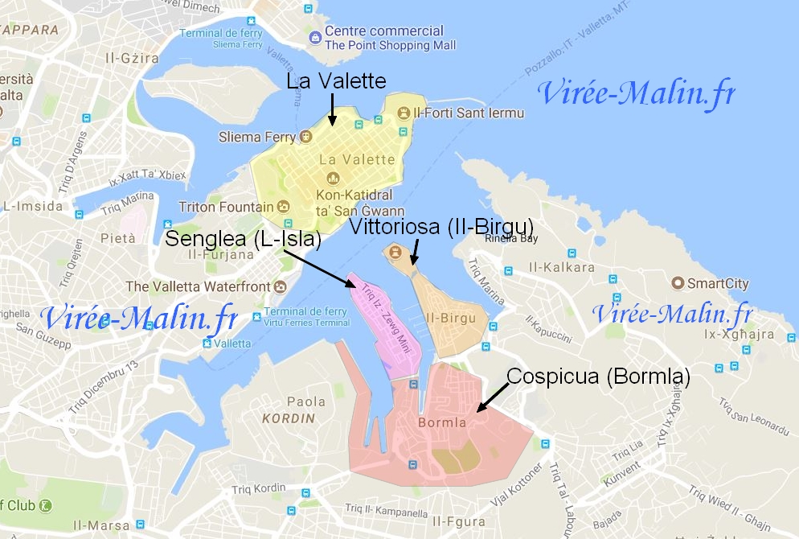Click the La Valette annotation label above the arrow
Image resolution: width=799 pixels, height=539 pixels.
[337, 82]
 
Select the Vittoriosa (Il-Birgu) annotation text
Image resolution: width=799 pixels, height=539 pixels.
[441, 226]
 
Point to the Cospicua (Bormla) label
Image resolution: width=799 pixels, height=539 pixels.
[598, 376]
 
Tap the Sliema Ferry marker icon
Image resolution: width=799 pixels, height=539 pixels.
[305, 137]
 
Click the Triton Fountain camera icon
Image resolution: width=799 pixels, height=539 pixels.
[283, 207]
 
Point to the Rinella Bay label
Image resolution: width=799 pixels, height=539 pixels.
[511, 238]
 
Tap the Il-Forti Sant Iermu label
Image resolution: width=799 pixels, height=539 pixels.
[469, 113]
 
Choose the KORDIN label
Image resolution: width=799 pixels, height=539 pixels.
[289, 418]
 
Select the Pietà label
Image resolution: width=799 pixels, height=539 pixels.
[113, 238]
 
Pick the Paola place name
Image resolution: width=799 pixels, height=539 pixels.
[306, 401]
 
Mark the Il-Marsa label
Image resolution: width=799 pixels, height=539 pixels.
[101, 526]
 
